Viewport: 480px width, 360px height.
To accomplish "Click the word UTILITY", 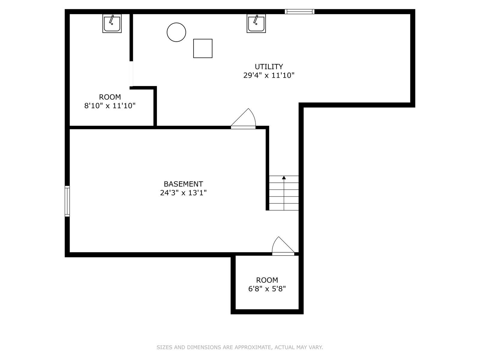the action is (x=269, y=66).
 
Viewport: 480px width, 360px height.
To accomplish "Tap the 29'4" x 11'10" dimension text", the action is (x=269, y=75).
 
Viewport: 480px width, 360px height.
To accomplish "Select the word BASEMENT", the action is (x=183, y=184).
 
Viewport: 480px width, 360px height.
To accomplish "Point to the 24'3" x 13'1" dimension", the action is (x=183, y=193).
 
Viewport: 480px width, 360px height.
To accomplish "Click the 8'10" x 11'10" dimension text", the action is (x=110, y=106).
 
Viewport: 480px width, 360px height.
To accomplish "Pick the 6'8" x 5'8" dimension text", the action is (x=267, y=289).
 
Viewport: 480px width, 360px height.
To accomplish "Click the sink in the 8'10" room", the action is (x=112, y=23).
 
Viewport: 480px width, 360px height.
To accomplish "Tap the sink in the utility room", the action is (x=256, y=23).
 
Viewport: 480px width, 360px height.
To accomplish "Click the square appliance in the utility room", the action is (x=203, y=49).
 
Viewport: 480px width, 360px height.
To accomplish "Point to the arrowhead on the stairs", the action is (x=284, y=178).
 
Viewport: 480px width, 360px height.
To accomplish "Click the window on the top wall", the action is (x=300, y=12).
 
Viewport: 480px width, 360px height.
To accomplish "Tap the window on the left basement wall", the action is (x=67, y=201).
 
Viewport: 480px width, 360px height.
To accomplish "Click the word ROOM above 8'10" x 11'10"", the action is (x=110, y=97).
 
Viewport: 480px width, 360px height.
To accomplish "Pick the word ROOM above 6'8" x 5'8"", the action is (x=267, y=280).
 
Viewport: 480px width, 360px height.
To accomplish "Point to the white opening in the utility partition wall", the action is (x=131, y=74).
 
